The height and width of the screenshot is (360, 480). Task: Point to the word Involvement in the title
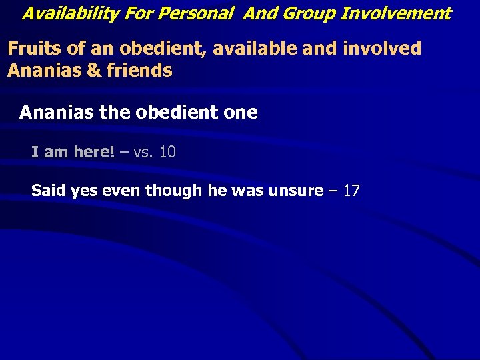pyautogui.click(x=396, y=13)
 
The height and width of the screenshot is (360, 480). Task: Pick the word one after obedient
pyautogui.click(x=238, y=112)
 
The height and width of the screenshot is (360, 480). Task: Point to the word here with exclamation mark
pyautogui.click(x=94, y=152)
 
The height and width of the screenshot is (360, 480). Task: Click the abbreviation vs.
pyautogui.click(x=144, y=152)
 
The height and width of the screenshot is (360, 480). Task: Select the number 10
pyautogui.click(x=167, y=152)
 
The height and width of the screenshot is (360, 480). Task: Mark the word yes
pyautogui.click(x=84, y=191)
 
